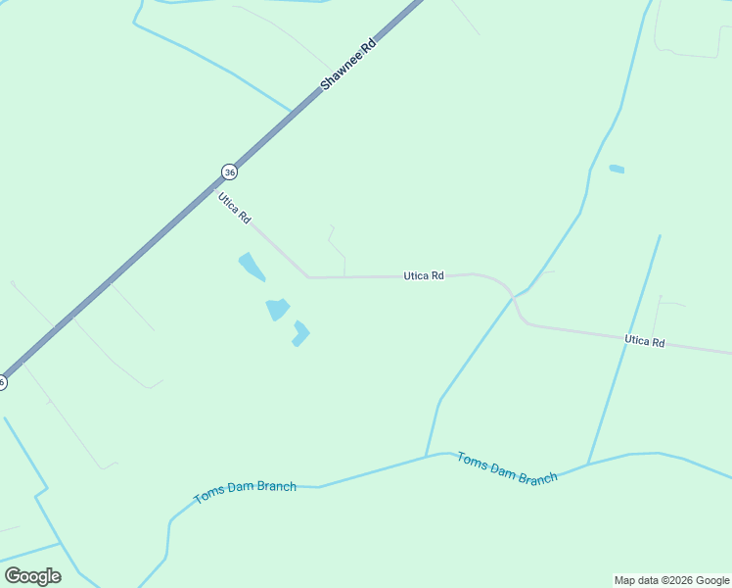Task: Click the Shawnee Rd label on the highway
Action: pyautogui.click(x=348, y=66)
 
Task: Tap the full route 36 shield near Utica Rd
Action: pyautogui.click(x=229, y=171)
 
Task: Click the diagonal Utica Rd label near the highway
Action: pyautogui.click(x=235, y=208)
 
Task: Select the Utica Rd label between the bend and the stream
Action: pyautogui.click(x=424, y=276)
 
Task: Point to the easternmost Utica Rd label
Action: pyautogui.click(x=645, y=341)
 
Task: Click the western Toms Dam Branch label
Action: pyautogui.click(x=245, y=492)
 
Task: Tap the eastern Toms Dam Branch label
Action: pyautogui.click(x=507, y=467)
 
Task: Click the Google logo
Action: pyautogui.click(x=32, y=576)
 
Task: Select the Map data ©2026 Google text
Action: pyautogui.click(x=671, y=580)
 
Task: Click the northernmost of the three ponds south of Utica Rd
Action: pyautogui.click(x=251, y=266)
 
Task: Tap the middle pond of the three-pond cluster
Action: pyautogui.click(x=278, y=310)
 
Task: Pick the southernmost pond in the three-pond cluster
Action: pyautogui.click(x=300, y=334)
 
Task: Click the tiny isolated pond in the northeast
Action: pyautogui.click(x=617, y=169)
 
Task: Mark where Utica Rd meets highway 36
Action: pyautogui.click(x=214, y=185)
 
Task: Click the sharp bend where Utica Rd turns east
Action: pyautogui.click(x=309, y=277)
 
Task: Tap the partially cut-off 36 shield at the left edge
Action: pyautogui.click(x=3, y=382)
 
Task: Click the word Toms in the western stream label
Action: pyautogui.click(x=208, y=498)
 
